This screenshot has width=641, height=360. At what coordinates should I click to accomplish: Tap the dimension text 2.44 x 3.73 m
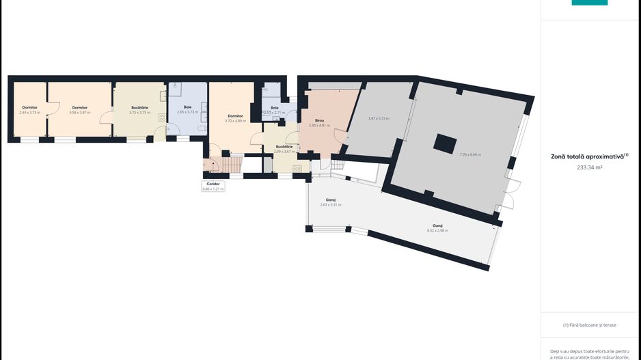(29, 112)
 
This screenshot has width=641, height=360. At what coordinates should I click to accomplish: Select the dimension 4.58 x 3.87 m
(80, 112)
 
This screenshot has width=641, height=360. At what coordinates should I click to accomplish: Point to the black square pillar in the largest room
(445, 143)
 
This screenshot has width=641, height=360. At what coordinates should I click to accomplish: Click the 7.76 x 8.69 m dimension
(470, 155)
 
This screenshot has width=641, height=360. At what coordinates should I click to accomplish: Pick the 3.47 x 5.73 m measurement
(379, 119)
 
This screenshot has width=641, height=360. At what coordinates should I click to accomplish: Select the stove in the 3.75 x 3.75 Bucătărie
(163, 117)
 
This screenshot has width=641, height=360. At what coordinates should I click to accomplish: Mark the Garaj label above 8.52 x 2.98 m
(437, 225)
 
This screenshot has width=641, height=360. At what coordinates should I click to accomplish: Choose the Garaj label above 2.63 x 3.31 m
(331, 200)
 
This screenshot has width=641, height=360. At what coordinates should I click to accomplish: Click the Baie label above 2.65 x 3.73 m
(187, 107)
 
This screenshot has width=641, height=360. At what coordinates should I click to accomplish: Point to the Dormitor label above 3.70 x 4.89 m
(235, 116)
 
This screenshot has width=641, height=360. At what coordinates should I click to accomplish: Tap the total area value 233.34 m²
(590, 167)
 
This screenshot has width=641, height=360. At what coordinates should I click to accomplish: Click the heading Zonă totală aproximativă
(588, 156)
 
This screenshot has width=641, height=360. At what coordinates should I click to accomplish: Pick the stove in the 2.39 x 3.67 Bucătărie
(297, 169)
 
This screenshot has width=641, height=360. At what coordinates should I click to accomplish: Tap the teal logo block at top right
(589, 3)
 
